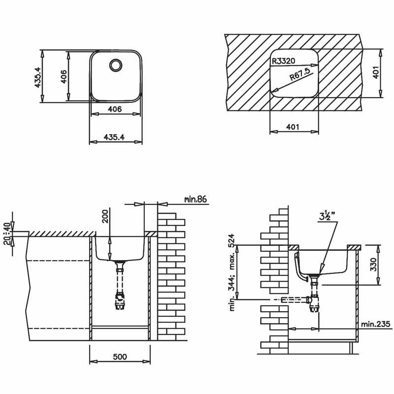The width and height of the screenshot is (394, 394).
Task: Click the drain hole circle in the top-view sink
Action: pyautogui.click(x=116, y=66)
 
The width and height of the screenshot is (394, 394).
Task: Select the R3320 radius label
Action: pyautogui.click(x=284, y=61)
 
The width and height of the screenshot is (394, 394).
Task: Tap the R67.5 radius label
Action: pyautogui.click(x=300, y=73)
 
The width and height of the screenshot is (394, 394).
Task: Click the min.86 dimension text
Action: pyautogui.click(x=195, y=199)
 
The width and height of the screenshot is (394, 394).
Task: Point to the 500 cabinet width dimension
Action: pyautogui.click(x=120, y=357)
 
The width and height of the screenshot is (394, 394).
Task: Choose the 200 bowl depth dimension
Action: pyautogui.click(x=105, y=216)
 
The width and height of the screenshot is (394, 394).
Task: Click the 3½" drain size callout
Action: pyautogui.click(x=327, y=216)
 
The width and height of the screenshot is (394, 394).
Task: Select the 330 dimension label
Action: pyautogui.click(x=374, y=264)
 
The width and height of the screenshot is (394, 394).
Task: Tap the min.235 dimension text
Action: pyautogui.click(x=376, y=324)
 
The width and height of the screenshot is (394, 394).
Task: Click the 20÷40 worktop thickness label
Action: pyautogui.click(x=8, y=234)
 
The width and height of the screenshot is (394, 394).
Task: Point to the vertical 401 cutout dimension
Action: pyautogui.click(x=375, y=72)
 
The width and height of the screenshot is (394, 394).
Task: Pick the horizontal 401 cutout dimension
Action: pyautogui.click(x=293, y=127)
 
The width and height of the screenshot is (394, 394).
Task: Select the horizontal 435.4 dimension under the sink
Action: pyautogui.click(x=114, y=137)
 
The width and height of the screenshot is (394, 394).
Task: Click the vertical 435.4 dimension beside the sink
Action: pyautogui.click(x=37, y=77)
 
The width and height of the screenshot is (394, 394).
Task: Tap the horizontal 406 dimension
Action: pyautogui.click(x=115, y=109)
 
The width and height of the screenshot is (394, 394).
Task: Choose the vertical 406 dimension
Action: pyautogui.click(x=64, y=77)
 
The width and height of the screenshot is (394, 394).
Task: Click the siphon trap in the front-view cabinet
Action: pyautogui.click(x=120, y=300)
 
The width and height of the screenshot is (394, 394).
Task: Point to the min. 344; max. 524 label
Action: pyautogui.click(x=232, y=272)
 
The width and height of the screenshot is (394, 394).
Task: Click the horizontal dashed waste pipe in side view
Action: pyautogui.click(x=294, y=299)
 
